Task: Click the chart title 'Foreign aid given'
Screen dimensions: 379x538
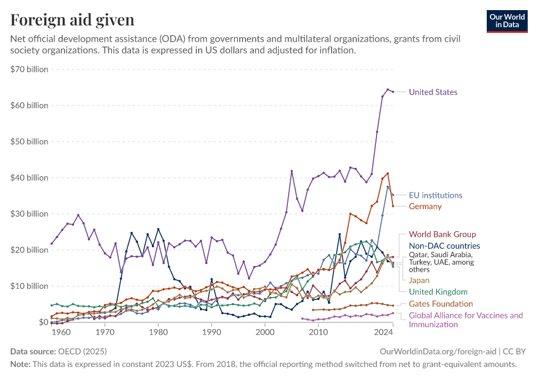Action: pyautogui.click(x=72, y=20)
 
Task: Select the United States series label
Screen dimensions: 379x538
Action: pyautogui.click(x=433, y=92)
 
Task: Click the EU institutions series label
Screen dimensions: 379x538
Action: pyautogui.click(x=435, y=195)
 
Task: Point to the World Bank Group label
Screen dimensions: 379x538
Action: pyautogui.click(x=442, y=234)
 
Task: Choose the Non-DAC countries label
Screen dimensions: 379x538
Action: pyautogui.click(x=444, y=246)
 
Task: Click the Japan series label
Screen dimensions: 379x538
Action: pyautogui.click(x=419, y=280)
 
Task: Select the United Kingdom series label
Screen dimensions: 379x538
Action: pyautogui.click(x=438, y=291)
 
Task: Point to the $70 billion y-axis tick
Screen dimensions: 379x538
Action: pyautogui.click(x=29, y=69)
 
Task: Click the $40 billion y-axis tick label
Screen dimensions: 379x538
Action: pyautogui.click(x=29, y=177)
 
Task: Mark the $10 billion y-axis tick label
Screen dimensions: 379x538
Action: pyautogui.click(x=29, y=286)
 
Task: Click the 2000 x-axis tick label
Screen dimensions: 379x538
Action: pyautogui.click(x=265, y=332)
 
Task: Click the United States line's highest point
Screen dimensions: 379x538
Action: pyautogui.click(x=388, y=90)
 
